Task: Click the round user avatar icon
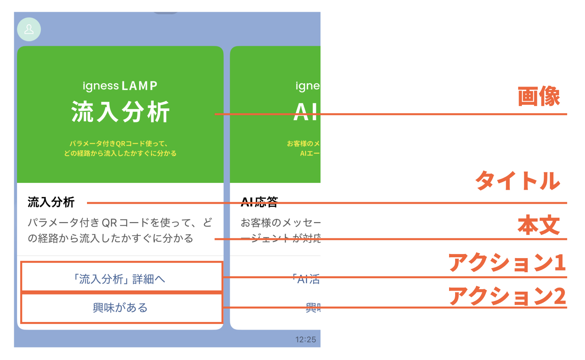click(x=29, y=30)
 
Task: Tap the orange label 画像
click(x=538, y=96)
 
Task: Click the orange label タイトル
click(x=517, y=180)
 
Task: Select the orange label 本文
click(x=538, y=225)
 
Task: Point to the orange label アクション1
click(x=507, y=263)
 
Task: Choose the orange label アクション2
click(x=507, y=296)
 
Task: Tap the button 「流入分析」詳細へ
click(x=120, y=279)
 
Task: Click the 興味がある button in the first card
click(x=120, y=308)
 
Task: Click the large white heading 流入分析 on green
click(x=120, y=112)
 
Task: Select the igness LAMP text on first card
click(x=120, y=86)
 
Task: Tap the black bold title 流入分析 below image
click(x=51, y=202)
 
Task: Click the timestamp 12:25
click(x=305, y=339)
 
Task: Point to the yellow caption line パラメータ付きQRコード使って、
click(x=119, y=144)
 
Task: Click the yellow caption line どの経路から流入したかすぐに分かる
click(x=120, y=153)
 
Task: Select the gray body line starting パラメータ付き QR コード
click(x=120, y=222)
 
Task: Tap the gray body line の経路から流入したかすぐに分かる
click(x=110, y=238)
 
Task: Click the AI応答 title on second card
click(x=259, y=202)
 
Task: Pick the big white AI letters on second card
click(x=307, y=112)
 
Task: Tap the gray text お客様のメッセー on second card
click(x=280, y=222)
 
